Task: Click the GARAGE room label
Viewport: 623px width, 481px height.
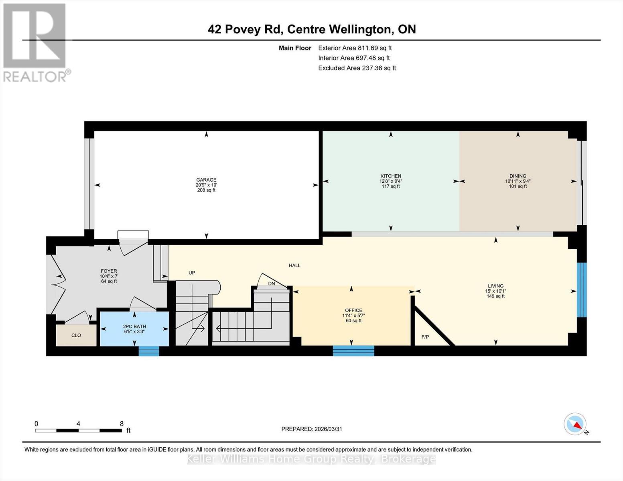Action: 206,180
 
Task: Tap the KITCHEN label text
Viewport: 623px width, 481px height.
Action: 391,176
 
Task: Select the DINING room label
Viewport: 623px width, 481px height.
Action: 517,176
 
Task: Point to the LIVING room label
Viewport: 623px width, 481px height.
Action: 496,286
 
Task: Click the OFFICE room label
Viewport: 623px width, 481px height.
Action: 353,310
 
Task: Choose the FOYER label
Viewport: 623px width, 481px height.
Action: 109,271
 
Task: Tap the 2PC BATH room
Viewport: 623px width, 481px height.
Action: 134,329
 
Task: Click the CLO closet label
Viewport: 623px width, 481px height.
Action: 76,335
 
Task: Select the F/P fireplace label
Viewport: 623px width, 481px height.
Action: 425,337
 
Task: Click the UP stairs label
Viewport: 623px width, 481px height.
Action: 192,273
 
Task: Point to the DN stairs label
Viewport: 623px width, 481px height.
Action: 272,284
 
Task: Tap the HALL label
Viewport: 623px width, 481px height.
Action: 294,265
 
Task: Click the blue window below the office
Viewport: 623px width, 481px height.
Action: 353,351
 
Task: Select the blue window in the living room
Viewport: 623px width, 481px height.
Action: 581,289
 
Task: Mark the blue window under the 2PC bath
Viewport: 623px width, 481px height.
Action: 149,351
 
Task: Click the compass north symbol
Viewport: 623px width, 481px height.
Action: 575,424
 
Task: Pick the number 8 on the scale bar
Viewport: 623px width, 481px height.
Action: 122,424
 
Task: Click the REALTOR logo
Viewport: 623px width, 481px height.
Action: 35,42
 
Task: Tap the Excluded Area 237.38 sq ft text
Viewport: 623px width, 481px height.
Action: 357,68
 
